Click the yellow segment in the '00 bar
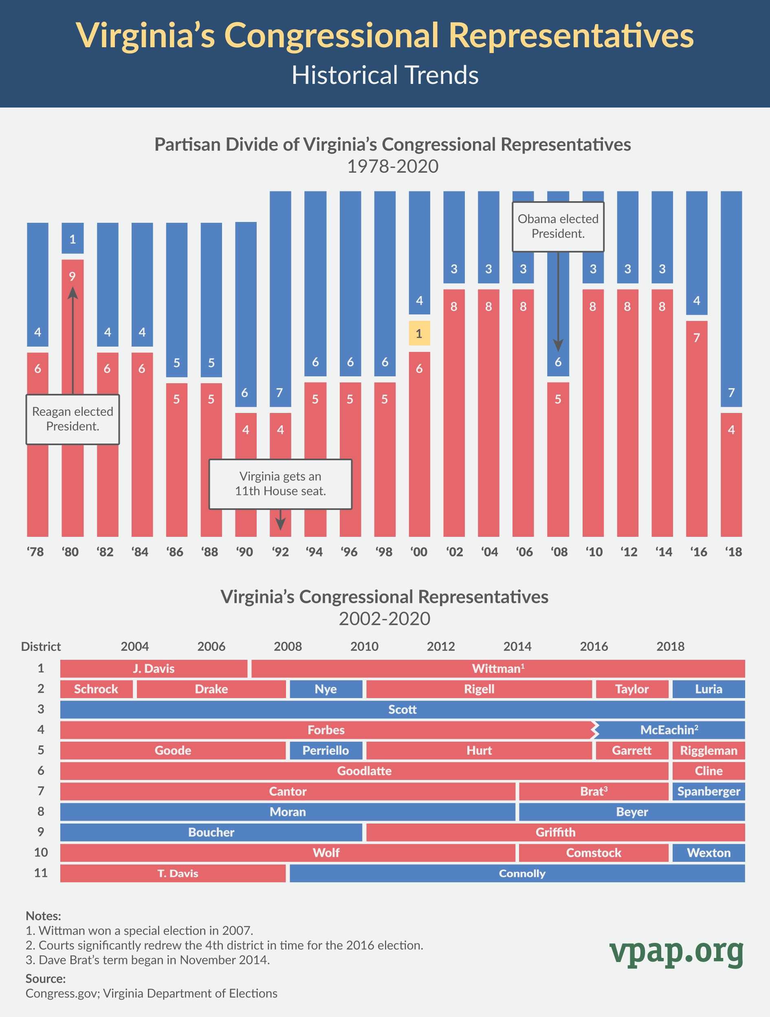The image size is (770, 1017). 419,333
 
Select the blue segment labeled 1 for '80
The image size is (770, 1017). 73,238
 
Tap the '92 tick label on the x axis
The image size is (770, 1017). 280,552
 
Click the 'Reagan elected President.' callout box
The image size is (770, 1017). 73,419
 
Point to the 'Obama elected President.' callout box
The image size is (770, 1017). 558,227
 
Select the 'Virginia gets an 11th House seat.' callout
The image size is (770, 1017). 280,484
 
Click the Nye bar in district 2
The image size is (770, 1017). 326,689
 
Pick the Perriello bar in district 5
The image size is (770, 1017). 326,750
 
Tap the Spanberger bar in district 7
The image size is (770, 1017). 708,791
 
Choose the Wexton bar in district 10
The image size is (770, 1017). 708,853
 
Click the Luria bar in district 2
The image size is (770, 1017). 708,689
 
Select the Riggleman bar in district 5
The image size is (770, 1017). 708,750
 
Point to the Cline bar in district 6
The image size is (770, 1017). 708,771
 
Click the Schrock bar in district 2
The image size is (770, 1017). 96,689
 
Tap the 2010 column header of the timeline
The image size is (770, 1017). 364,646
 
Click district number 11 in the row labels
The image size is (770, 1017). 41,873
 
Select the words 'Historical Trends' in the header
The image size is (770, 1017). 385,75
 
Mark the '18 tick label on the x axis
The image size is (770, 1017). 733,552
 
